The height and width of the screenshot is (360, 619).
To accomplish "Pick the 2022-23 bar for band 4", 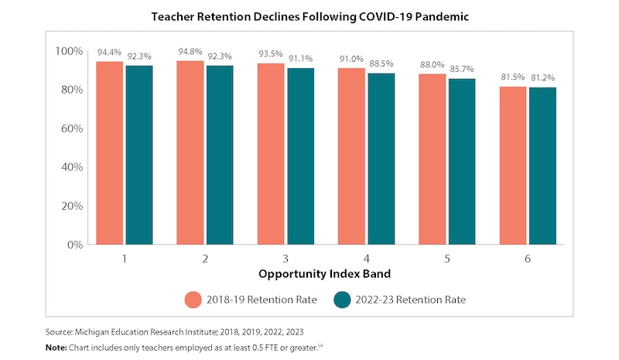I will click(381, 159).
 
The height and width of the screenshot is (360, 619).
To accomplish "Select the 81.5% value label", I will click(514, 77).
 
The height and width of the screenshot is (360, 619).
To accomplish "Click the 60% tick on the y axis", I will click(69, 129).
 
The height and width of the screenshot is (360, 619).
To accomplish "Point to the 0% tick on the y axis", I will click(74, 245).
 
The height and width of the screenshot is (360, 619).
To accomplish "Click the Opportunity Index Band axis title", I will click(326, 274).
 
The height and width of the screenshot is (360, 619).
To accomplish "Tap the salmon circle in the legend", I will click(193, 300).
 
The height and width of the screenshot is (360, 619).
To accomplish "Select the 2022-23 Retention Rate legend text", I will click(412, 300).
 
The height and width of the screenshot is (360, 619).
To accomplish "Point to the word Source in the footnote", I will click(61, 331).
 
